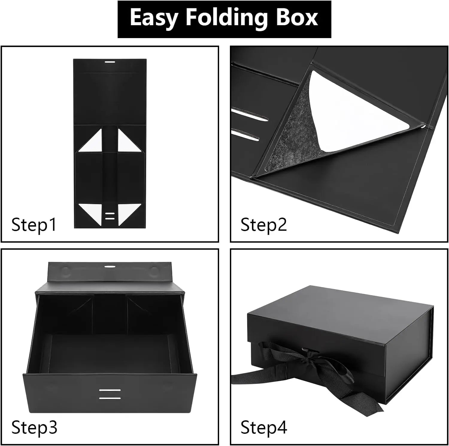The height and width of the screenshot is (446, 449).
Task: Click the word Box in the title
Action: pos(296,18)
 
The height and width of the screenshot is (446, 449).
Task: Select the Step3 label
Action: pos(34,427)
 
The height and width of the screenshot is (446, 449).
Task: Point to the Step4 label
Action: pos(264,427)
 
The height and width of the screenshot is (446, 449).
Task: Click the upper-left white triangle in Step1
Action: pos(94,142)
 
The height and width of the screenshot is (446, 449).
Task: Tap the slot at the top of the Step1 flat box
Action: pos(110,62)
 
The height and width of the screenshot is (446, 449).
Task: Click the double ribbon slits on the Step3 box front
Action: pos(110,394)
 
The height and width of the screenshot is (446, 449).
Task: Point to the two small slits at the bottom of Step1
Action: pos(110,216)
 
